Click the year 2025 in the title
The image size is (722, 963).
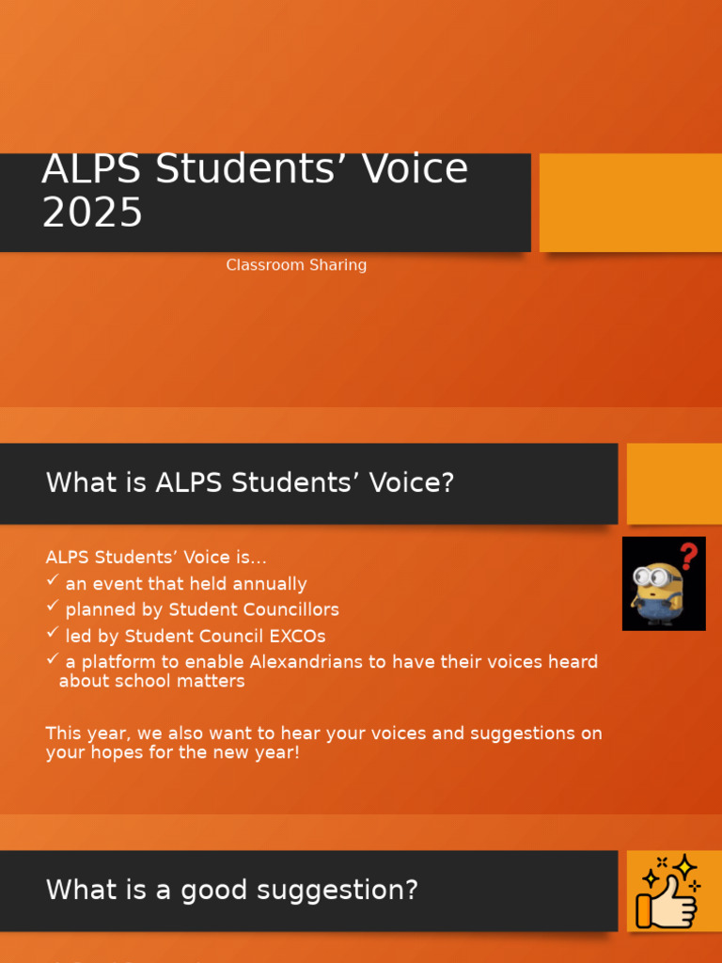(x=92, y=213)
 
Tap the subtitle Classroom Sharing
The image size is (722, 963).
(x=296, y=265)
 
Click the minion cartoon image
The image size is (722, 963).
(x=657, y=592)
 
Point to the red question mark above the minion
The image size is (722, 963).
(x=689, y=555)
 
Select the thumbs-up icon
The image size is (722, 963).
(x=668, y=892)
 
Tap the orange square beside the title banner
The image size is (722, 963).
(x=630, y=203)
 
